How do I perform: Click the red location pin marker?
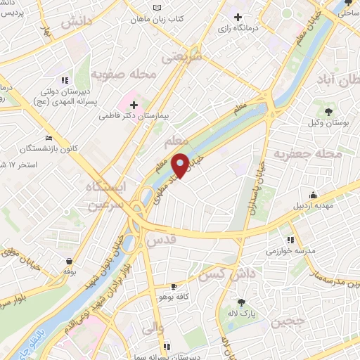point(180,165)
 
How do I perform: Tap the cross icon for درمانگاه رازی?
point(239,17)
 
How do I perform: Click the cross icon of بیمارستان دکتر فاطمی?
point(134,105)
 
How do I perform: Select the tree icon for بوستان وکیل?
point(328,110)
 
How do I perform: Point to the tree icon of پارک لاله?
point(241,302)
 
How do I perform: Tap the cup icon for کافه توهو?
point(174,287)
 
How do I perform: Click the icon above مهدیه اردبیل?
point(313,195)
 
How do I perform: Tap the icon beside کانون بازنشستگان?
point(48,138)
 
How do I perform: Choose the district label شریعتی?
point(181,56)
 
